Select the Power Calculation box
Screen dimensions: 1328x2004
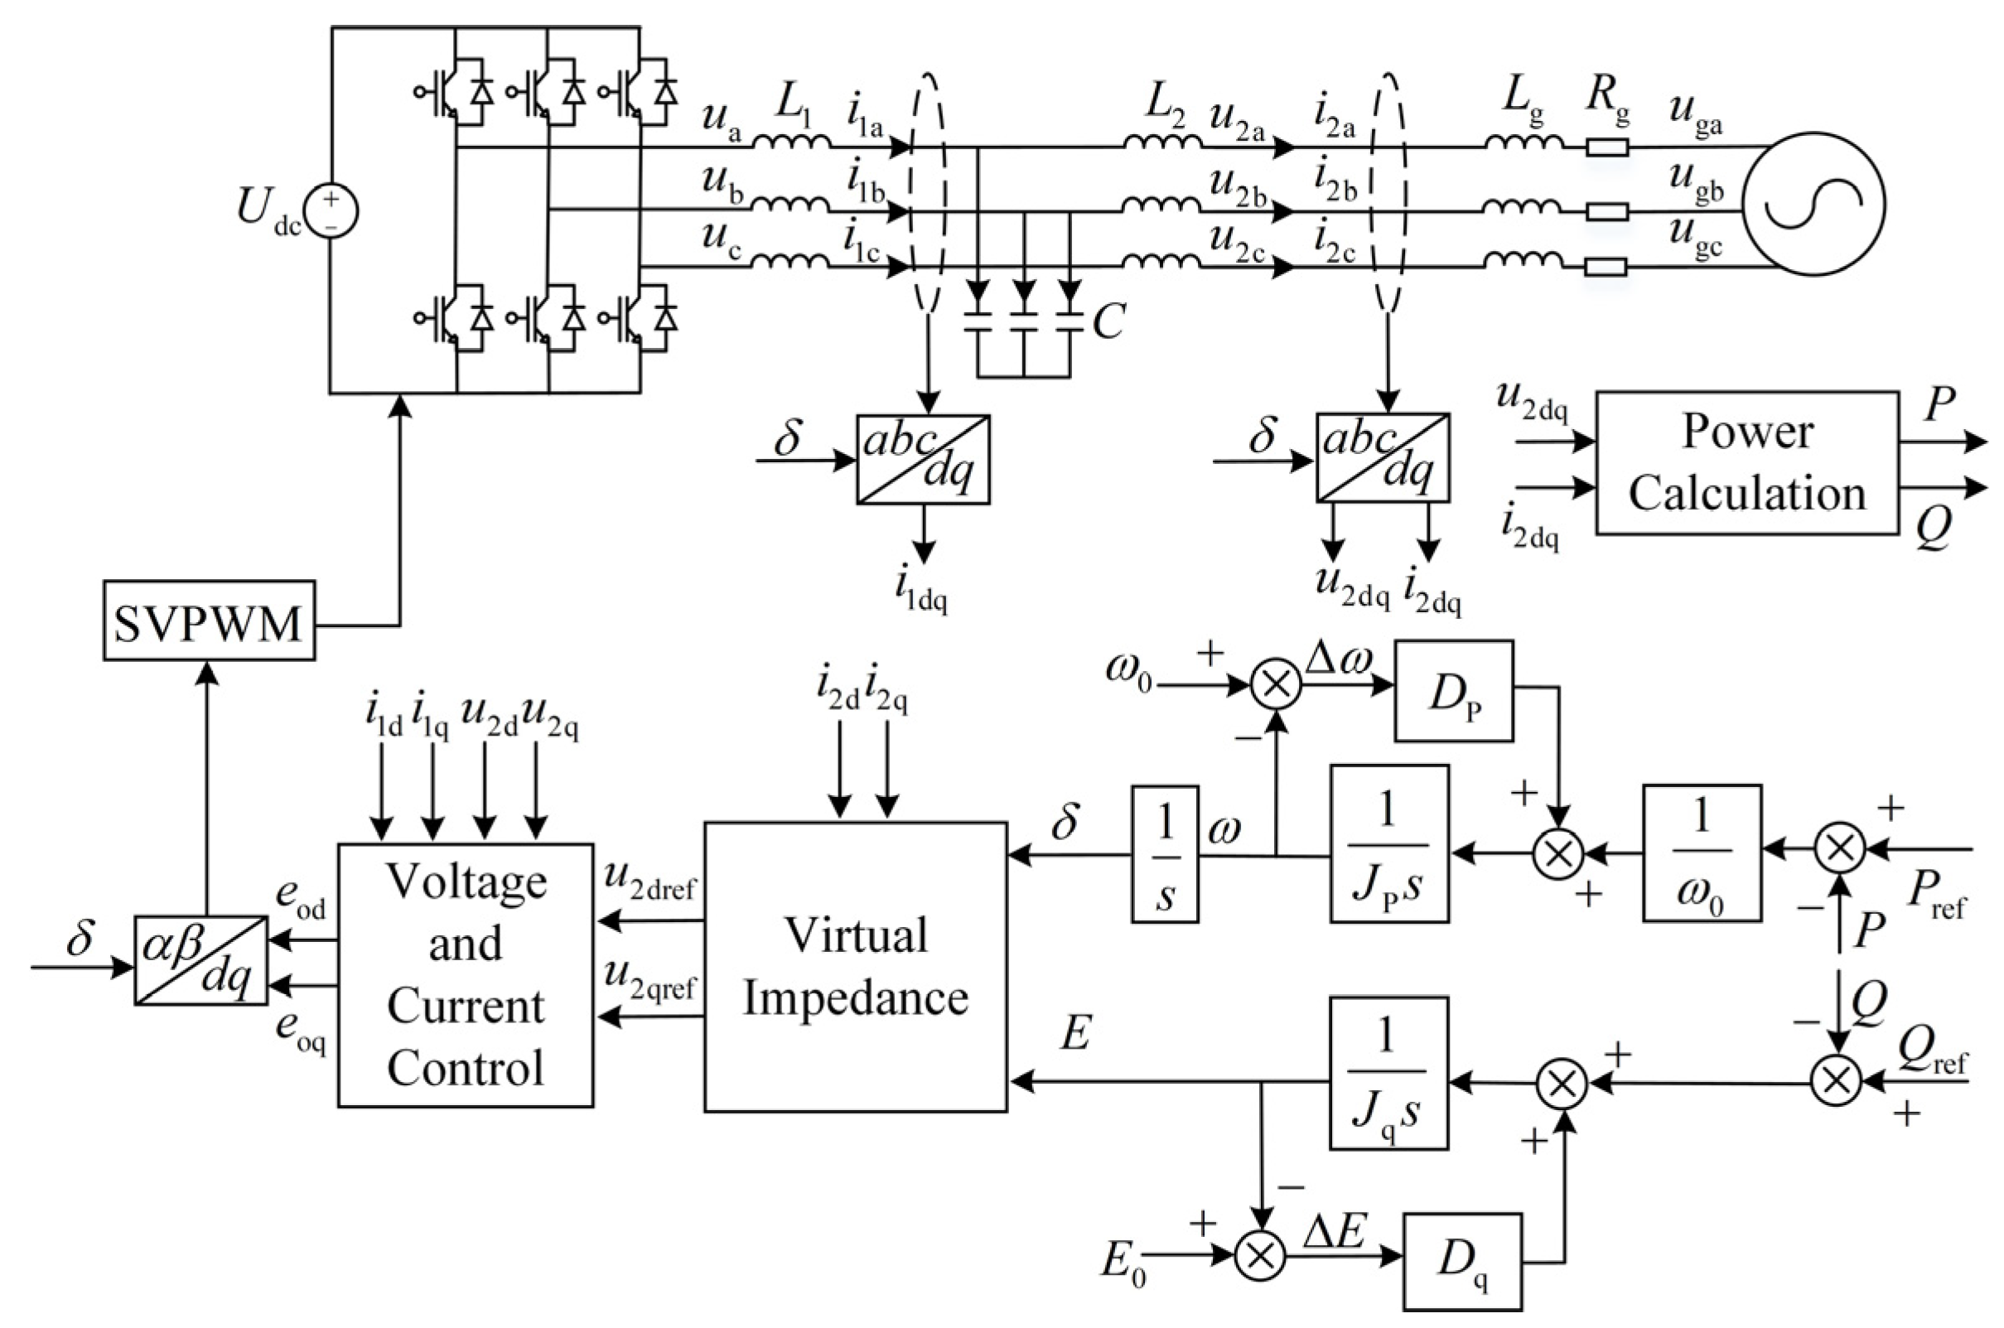click(x=1746, y=463)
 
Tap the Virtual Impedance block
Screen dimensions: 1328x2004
click(x=856, y=966)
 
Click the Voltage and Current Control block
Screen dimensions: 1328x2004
click(x=465, y=975)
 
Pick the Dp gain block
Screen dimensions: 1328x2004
click(x=1453, y=691)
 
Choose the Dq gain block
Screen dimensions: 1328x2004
click(x=1462, y=1262)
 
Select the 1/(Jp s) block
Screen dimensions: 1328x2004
click(x=1389, y=843)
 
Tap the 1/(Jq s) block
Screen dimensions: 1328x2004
click(x=1389, y=1073)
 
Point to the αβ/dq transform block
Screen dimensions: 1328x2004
click(x=201, y=960)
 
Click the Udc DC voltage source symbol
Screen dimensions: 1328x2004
click(x=331, y=212)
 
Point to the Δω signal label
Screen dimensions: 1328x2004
click(x=1338, y=659)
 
